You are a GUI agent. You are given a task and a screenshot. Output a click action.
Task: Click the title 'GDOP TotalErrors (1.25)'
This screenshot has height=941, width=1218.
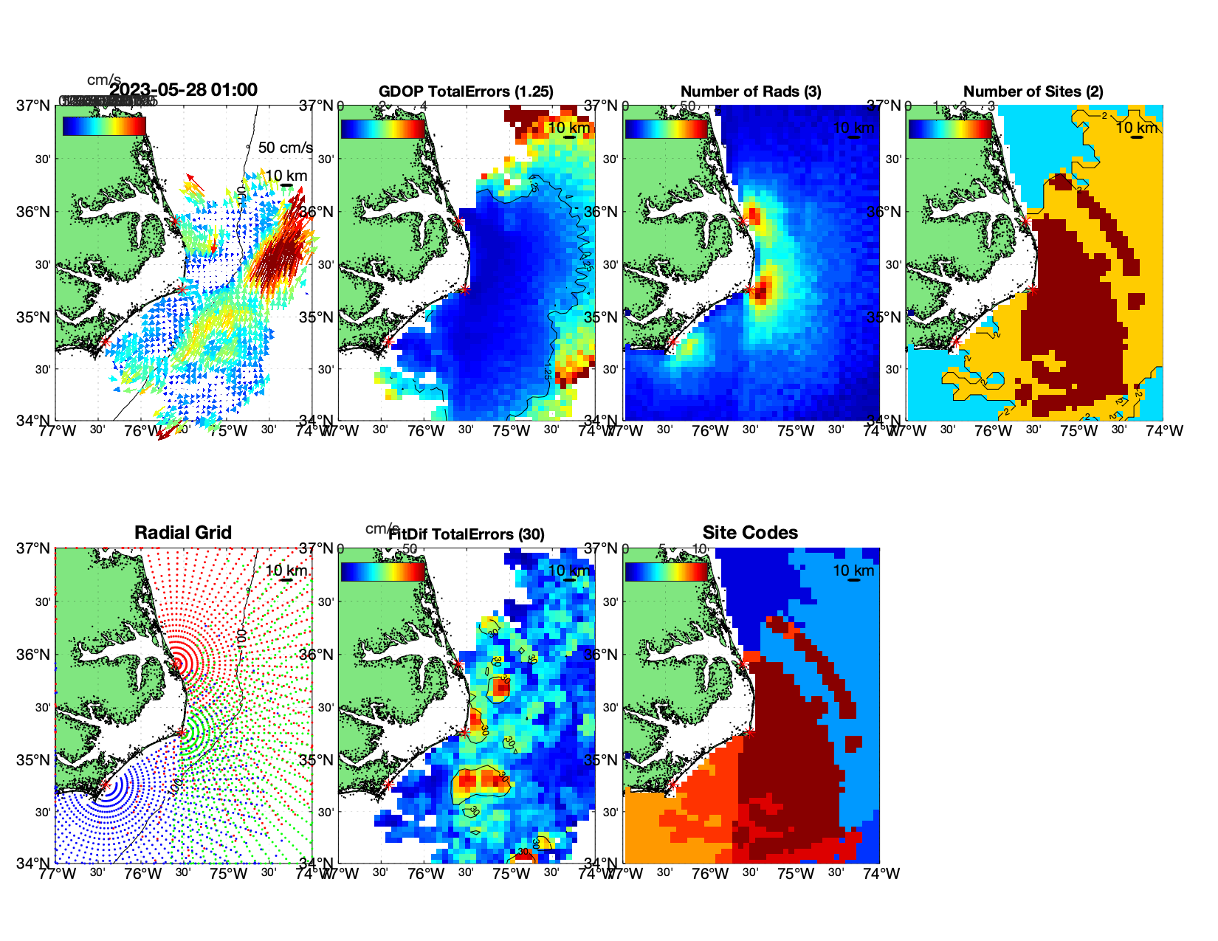pos(466,92)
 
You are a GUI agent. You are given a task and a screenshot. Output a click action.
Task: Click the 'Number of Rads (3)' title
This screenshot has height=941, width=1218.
pos(751,92)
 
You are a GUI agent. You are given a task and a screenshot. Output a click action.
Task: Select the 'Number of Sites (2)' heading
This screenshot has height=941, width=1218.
pos(1033,92)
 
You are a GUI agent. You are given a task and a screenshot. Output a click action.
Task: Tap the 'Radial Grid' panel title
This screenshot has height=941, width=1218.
pos(183,533)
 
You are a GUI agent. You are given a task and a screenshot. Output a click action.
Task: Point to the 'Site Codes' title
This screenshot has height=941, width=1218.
pos(750,533)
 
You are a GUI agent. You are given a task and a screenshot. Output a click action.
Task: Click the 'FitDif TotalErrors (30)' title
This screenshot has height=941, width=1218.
pos(467,534)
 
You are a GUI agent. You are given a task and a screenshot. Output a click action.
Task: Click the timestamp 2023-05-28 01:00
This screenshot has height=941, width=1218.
pos(184,90)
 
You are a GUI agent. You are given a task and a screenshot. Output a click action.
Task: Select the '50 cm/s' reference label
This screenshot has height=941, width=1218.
pos(285,148)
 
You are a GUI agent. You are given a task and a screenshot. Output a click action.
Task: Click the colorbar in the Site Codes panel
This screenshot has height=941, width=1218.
pos(667,572)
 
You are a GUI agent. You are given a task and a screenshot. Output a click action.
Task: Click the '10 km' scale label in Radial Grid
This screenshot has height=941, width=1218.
pos(286,571)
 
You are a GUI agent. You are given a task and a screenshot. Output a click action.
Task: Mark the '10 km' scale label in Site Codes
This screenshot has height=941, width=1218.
pos(853,571)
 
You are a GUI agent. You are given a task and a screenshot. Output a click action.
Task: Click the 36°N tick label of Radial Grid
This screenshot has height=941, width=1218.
pos(34,655)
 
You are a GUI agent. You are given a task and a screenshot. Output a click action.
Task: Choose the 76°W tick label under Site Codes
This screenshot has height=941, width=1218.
pos(710,874)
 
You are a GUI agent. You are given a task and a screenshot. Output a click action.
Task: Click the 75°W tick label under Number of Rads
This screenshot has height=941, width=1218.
pos(796,431)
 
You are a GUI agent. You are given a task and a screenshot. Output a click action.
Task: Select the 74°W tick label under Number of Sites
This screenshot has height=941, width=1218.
pos(1164,431)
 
